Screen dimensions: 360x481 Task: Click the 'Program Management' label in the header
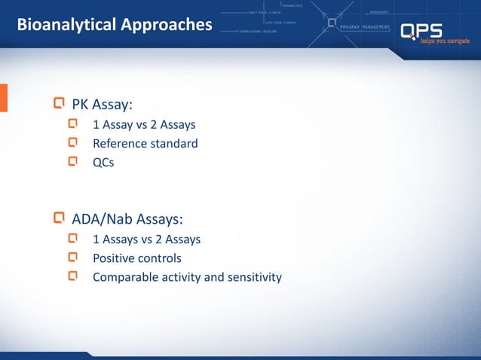click(x=365, y=26)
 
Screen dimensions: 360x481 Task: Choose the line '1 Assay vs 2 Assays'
click(x=144, y=124)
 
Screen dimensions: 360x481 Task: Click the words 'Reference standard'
click(x=145, y=143)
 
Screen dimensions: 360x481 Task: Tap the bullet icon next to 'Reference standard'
click(x=73, y=142)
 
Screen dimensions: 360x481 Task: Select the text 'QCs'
click(x=103, y=162)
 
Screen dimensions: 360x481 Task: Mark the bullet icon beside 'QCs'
click(x=73, y=161)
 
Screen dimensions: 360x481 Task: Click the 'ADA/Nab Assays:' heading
click(x=127, y=219)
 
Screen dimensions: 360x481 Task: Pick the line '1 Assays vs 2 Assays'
click(x=146, y=239)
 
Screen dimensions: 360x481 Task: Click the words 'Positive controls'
click(x=136, y=258)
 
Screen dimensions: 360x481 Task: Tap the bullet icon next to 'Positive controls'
click(x=73, y=258)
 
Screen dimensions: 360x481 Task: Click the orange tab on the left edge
click(x=3, y=98)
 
